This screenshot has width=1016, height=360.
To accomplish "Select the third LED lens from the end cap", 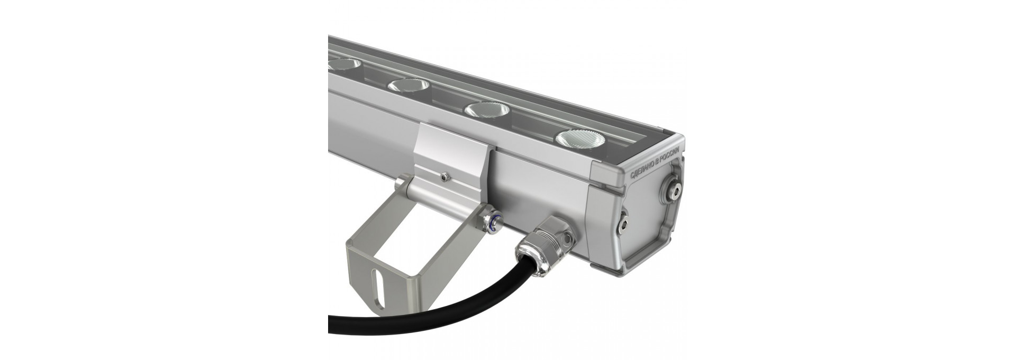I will click(x=409, y=85).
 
